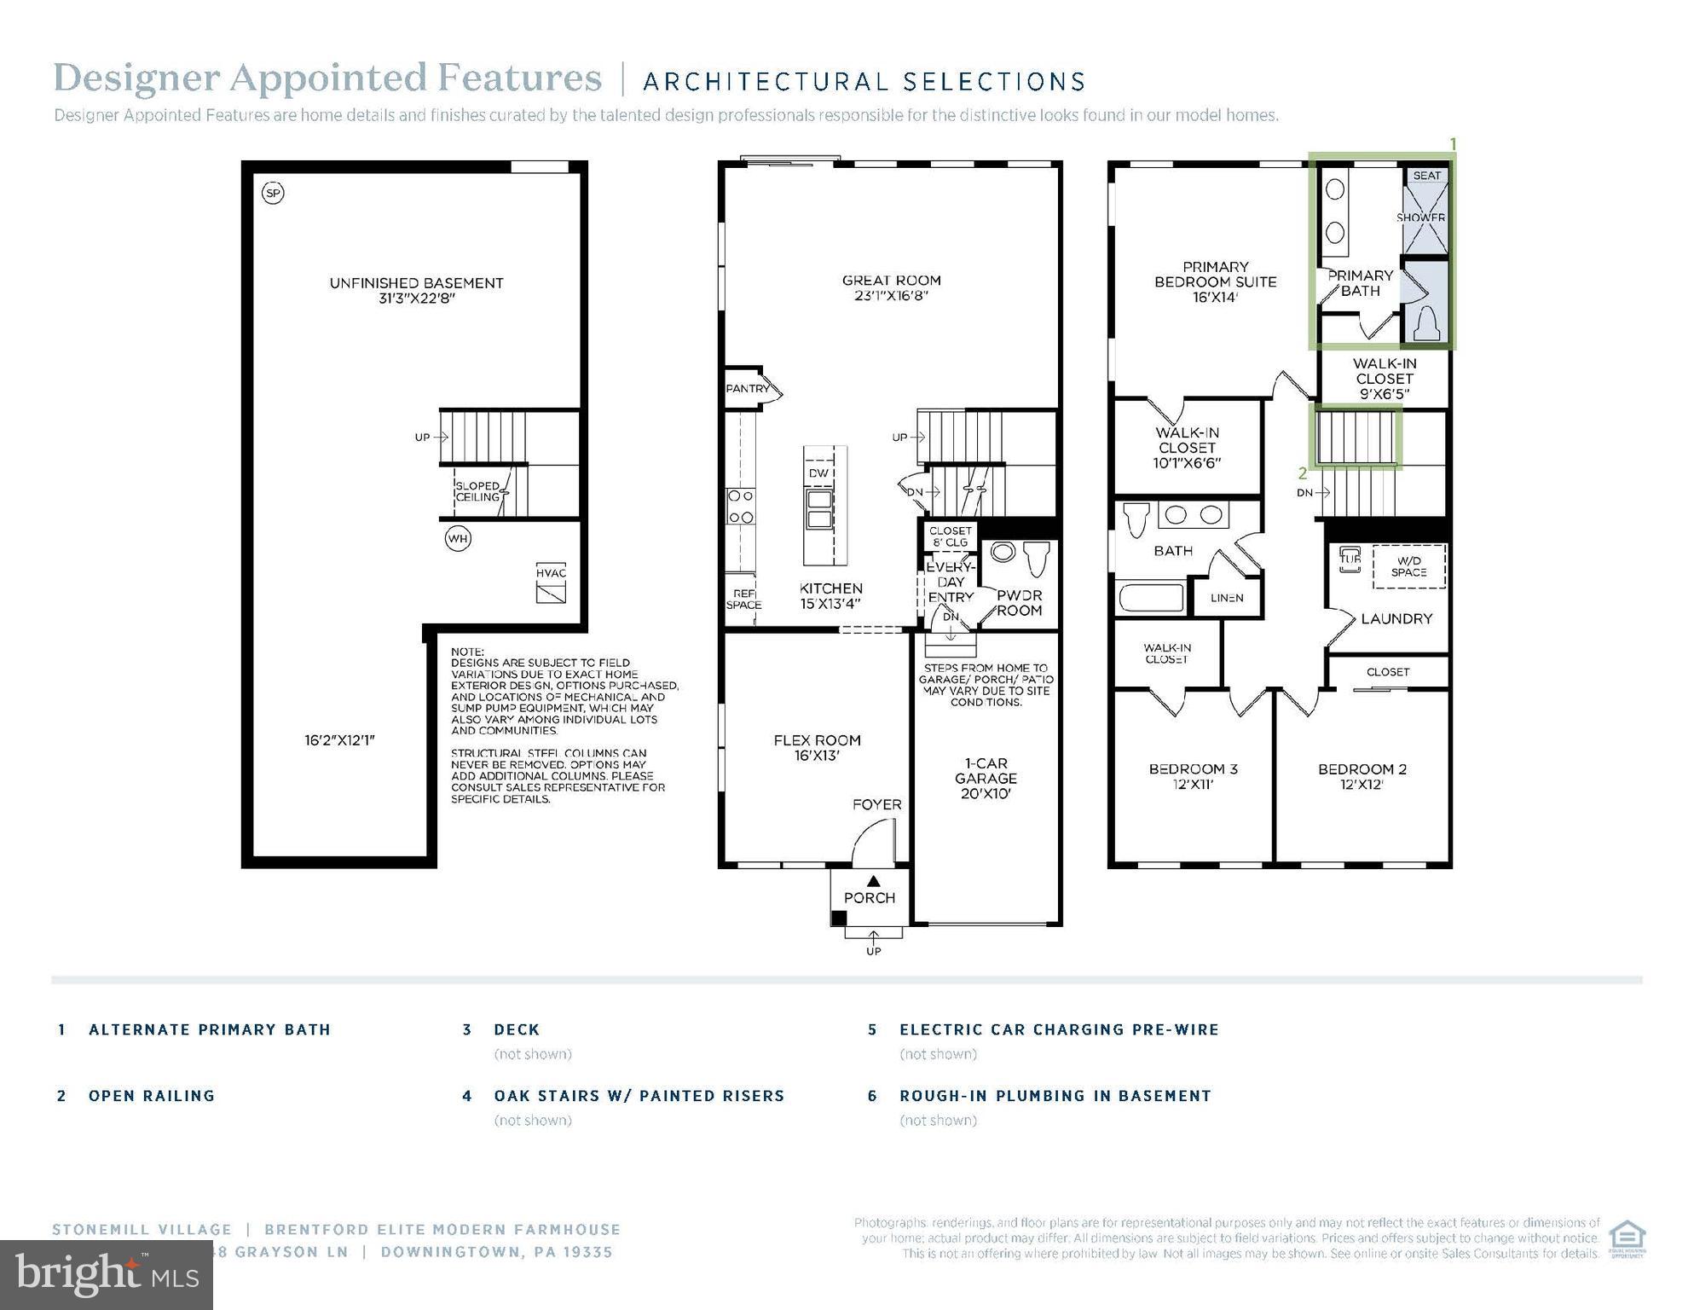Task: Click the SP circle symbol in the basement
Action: click(273, 194)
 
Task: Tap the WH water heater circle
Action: click(458, 539)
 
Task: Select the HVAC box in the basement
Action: click(551, 583)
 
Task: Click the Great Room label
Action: click(891, 288)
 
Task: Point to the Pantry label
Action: click(748, 389)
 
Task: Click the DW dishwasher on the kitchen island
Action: click(818, 473)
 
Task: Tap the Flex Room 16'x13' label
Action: click(817, 748)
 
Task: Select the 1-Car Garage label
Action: click(986, 778)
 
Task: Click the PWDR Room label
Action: click(1019, 603)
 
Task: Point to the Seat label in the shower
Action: click(1426, 176)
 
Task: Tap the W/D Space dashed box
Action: click(1408, 566)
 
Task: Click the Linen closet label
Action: click(1227, 598)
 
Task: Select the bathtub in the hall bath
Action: click(1151, 597)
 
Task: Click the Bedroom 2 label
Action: click(1362, 776)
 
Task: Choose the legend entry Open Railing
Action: click(152, 1096)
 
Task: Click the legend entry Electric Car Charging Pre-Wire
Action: click(1059, 1029)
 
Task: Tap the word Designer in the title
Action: click(136, 78)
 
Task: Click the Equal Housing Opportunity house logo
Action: click(1627, 1239)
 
